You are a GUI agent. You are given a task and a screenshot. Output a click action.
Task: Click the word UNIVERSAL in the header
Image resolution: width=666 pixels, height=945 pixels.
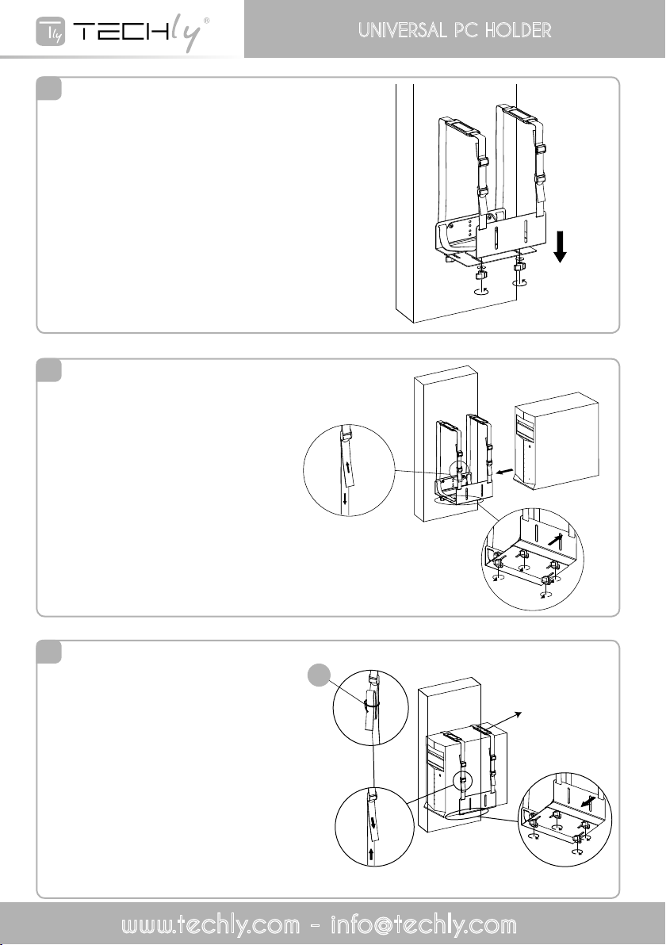pos(403,30)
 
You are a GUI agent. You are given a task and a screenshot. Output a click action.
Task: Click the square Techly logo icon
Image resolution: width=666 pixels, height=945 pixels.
pos(51,32)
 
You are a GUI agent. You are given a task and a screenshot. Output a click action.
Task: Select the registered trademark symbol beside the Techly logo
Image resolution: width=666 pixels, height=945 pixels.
pos(207,21)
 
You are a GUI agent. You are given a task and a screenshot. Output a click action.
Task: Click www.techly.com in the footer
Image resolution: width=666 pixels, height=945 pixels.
pos(210,924)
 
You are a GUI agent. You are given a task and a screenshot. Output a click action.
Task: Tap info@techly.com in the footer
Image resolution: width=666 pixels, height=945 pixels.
pos(423,924)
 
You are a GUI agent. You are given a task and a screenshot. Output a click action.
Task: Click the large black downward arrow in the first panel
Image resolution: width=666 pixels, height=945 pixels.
pos(560,247)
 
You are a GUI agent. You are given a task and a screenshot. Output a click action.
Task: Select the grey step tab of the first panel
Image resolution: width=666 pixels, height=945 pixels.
pos(49,89)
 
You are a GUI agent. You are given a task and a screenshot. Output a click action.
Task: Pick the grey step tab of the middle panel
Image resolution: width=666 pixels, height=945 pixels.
pos(49,370)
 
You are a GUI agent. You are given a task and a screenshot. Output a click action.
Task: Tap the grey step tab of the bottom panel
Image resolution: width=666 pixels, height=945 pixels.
pos(49,652)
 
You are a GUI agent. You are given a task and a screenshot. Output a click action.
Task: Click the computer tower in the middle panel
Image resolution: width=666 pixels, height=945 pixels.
pos(556,440)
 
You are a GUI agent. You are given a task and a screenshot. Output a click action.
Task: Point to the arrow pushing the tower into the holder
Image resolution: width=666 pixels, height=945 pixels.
pos(503,468)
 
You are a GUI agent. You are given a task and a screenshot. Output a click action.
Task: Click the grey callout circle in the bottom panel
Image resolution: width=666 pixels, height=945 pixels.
pos(320,675)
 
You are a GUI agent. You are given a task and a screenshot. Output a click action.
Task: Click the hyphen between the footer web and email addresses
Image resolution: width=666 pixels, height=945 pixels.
pos(316,926)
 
